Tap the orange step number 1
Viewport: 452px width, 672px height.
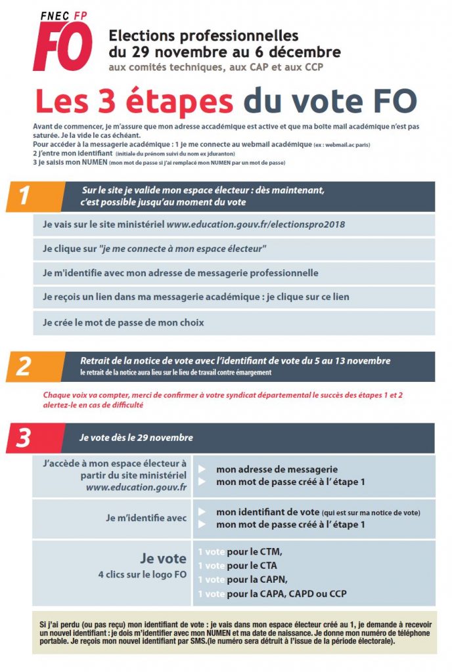click(24, 196)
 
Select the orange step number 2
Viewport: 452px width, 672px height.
click(24, 366)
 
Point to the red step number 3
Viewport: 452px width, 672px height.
click(24, 438)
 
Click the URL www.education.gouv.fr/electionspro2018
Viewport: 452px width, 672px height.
click(256, 224)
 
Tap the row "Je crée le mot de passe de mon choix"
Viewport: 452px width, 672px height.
click(124, 322)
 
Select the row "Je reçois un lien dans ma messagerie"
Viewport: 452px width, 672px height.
click(196, 297)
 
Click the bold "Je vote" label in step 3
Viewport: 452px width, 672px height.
click(163, 559)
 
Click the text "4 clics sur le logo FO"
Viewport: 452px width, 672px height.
click(142, 575)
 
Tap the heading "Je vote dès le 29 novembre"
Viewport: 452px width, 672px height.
click(136, 437)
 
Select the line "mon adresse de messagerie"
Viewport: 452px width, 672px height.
click(277, 469)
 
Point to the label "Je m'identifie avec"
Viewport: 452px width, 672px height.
click(146, 518)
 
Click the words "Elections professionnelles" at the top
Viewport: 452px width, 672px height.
click(204, 35)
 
